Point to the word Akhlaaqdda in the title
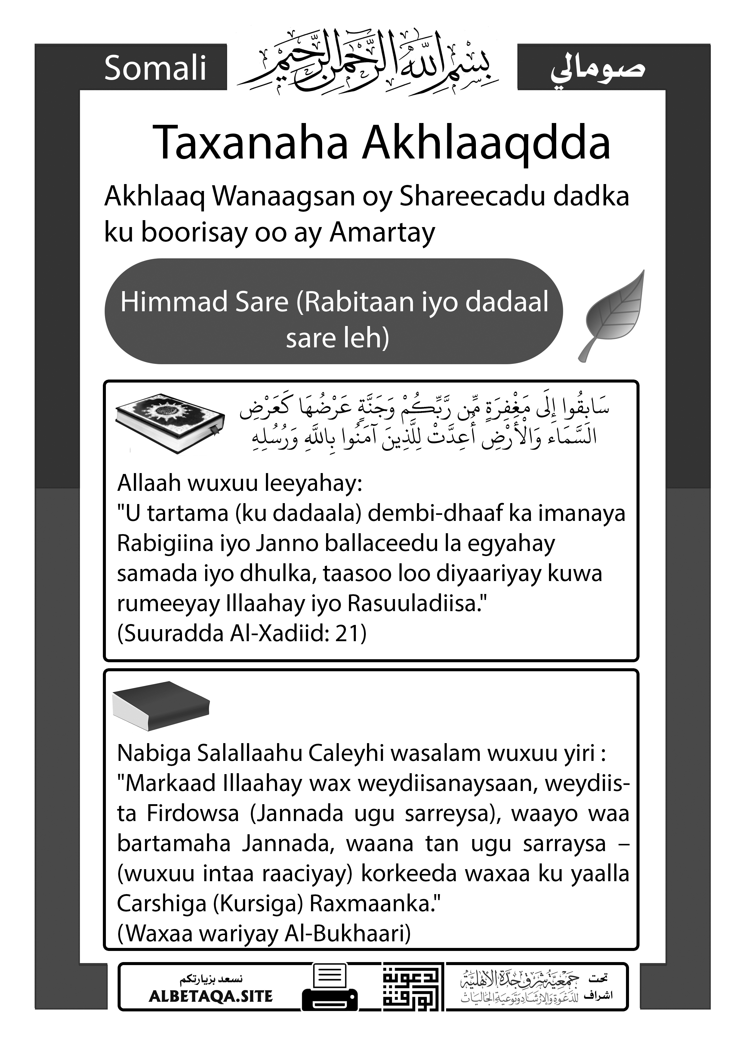[486, 143]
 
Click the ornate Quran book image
[170, 423]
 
